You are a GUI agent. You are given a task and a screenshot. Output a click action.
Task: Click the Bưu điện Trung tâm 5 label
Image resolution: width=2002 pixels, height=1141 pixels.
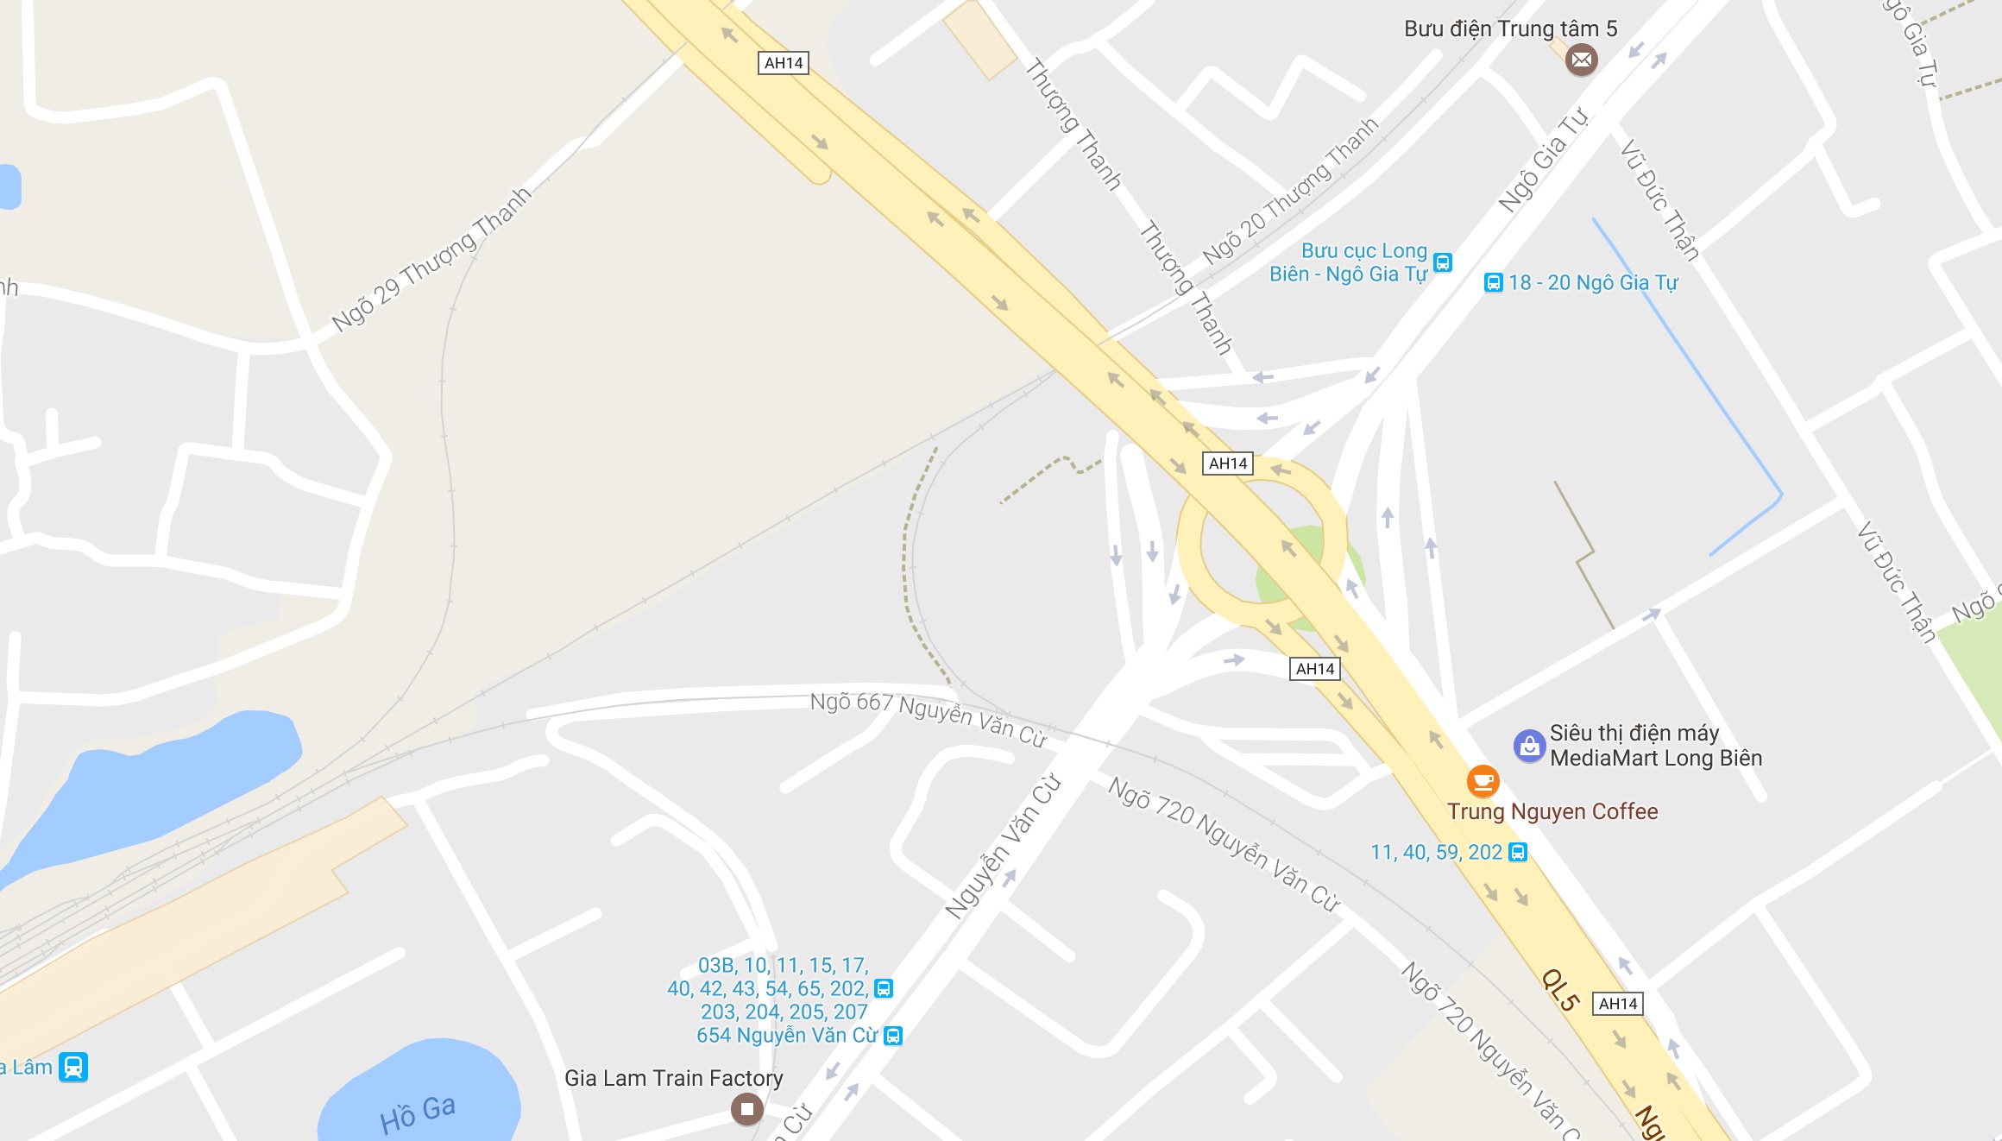click(x=1510, y=28)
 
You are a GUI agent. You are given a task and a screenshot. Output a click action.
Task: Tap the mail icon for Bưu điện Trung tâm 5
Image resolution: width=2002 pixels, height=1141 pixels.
click(x=1581, y=60)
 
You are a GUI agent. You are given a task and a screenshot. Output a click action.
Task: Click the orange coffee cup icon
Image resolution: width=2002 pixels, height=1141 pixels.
click(x=1483, y=781)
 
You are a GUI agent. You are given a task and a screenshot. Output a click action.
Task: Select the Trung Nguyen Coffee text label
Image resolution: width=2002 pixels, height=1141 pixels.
click(x=1552, y=811)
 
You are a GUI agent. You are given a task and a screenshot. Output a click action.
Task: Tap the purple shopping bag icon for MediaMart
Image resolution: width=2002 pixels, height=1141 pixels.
click(x=1529, y=746)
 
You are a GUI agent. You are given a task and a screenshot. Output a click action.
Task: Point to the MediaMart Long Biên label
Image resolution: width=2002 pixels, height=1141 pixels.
click(x=1655, y=746)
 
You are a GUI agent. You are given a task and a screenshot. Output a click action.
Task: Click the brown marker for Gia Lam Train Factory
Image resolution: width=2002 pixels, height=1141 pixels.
click(x=746, y=1108)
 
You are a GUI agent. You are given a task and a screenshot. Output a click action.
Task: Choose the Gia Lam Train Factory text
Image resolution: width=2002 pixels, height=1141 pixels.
click(x=673, y=1078)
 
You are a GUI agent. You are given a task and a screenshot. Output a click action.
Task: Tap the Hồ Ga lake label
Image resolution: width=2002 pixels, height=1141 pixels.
click(x=418, y=1113)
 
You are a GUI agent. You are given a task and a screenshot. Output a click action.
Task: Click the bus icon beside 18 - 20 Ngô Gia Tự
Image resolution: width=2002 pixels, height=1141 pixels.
click(x=1493, y=283)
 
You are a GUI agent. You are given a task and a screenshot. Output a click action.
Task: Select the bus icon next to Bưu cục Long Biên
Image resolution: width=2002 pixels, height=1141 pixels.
click(x=1442, y=262)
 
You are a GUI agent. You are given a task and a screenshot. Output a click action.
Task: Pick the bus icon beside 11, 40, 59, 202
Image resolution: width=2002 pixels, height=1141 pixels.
click(x=1517, y=853)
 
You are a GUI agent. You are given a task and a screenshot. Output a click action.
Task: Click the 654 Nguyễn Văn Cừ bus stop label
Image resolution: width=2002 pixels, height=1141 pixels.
click(x=786, y=1036)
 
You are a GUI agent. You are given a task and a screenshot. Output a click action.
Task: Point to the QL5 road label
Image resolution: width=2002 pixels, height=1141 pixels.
click(x=1560, y=990)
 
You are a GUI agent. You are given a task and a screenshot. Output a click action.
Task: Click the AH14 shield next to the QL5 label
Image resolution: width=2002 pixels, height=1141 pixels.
click(x=1617, y=1004)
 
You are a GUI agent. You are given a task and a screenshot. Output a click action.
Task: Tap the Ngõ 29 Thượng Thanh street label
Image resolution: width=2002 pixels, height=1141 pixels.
click(x=431, y=259)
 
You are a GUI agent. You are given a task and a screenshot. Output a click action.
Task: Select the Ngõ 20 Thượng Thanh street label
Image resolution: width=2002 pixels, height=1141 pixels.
click(x=1290, y=191)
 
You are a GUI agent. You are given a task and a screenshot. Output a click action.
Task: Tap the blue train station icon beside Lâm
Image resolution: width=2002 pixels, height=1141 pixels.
click(x=73, y=1067)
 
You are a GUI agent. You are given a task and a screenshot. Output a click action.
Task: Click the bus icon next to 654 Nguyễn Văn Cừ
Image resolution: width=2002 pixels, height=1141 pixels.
click(x=893, y=1036)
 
